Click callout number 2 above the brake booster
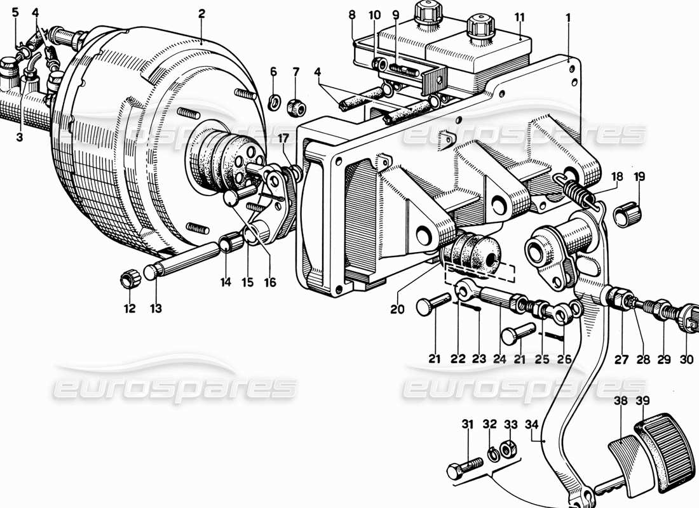point(201,13)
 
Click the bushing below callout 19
point(628,215)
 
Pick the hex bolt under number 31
point(462,471)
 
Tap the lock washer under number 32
point(490,452)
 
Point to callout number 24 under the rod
point(498,359)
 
